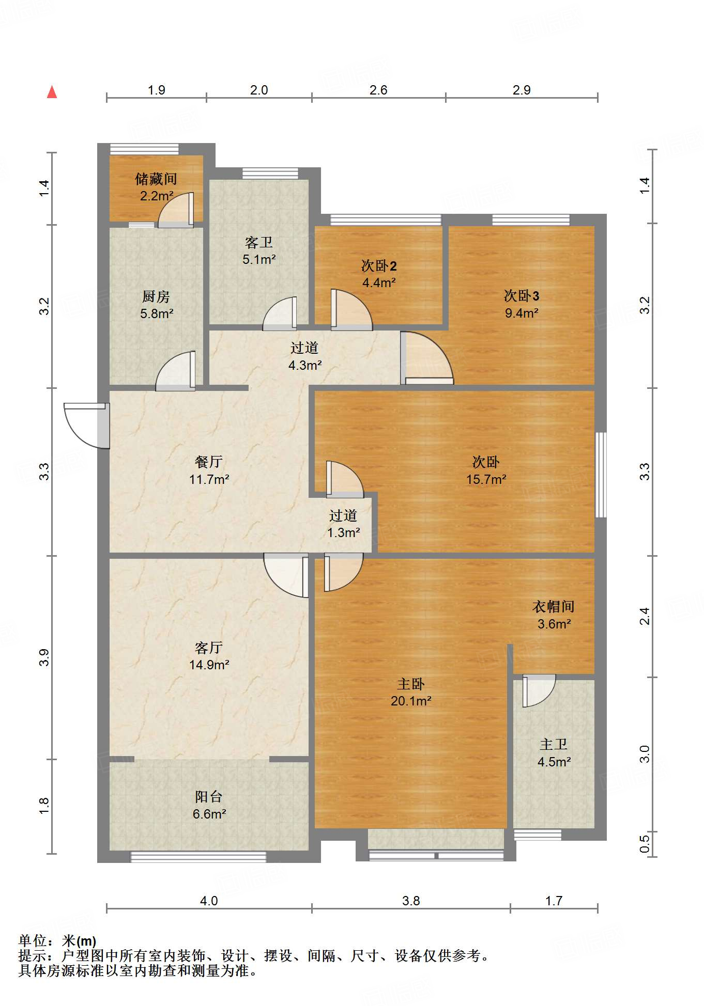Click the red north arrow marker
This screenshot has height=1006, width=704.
[x=52, y=92]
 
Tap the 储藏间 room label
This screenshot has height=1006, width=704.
[x=156, y=179]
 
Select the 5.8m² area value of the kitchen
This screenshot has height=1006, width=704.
[x=157, y=313]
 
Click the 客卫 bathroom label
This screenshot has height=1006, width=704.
[x=259, y=242]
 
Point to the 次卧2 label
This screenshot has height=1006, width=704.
[x=379, y=266]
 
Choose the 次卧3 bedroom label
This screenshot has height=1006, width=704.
[x=522, y=296]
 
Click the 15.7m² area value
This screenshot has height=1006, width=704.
[x=486, y=479]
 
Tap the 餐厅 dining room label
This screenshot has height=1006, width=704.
[x=209, y=462]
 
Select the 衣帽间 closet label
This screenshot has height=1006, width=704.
[x=554, y=606]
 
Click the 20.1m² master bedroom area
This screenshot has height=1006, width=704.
[x=411, y=701]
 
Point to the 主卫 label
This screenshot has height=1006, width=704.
[x=554, y=744]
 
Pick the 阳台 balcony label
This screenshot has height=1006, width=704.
[x=209, y=797]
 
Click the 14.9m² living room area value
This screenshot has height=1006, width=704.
[x=209, y=665]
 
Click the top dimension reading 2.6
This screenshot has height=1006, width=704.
[x=378, y=90]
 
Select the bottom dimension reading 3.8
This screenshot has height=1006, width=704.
[x=411, y=901]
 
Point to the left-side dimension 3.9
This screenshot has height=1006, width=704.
[x=44, y=657]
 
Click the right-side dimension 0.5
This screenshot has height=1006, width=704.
[x=645, y=845]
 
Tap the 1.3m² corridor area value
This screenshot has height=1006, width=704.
[x=343, y=532]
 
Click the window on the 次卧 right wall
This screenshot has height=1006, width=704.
[x=601, y=475]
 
